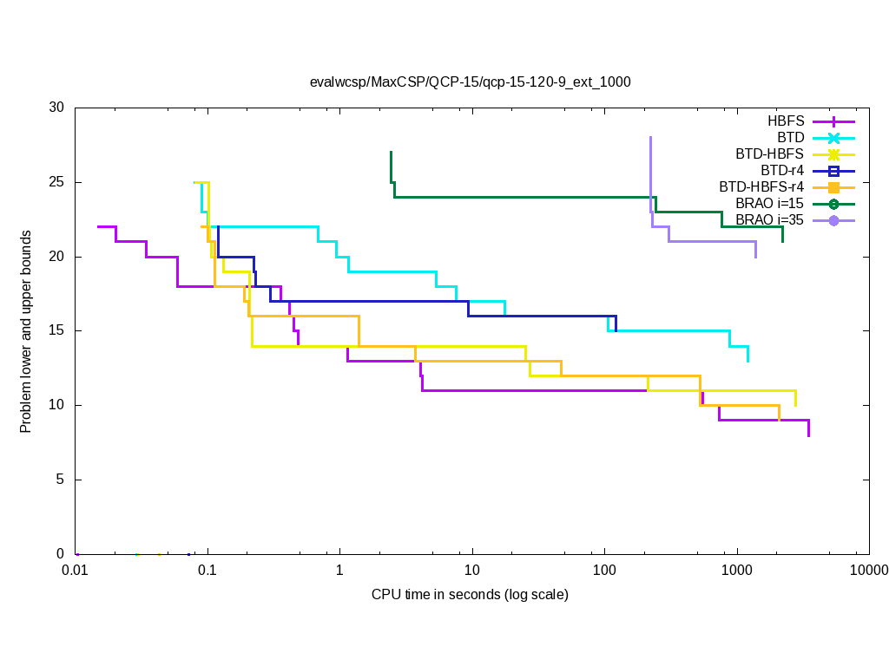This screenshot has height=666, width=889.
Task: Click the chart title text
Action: (470, 82)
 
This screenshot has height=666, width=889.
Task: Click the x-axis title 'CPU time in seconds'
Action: (470, 595)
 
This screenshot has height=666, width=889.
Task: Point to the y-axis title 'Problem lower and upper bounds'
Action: (26, 332)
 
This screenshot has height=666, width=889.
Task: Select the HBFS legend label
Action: (786, 121)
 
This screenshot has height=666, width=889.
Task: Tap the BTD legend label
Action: (791, 137)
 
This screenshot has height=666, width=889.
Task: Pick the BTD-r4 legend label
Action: (782, 170)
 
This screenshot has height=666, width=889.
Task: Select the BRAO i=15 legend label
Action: (770, 203)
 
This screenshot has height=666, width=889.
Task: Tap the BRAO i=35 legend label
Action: (770, 219)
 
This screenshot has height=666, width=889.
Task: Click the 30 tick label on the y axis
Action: (56, 108)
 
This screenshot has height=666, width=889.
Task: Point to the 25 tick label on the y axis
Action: (56, 182)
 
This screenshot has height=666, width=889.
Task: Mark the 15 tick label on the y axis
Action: (56, 331)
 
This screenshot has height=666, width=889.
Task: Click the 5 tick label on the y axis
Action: (61, 480)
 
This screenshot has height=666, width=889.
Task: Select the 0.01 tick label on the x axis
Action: (75, 570)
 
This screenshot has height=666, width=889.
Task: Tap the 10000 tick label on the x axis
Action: (868, 570)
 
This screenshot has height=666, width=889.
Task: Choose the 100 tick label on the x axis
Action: (604, 570)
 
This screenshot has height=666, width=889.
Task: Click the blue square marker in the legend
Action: (833, 171)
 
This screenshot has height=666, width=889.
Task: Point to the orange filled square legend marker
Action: (833, 187)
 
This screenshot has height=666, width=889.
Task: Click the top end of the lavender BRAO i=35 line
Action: (650, 137)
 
